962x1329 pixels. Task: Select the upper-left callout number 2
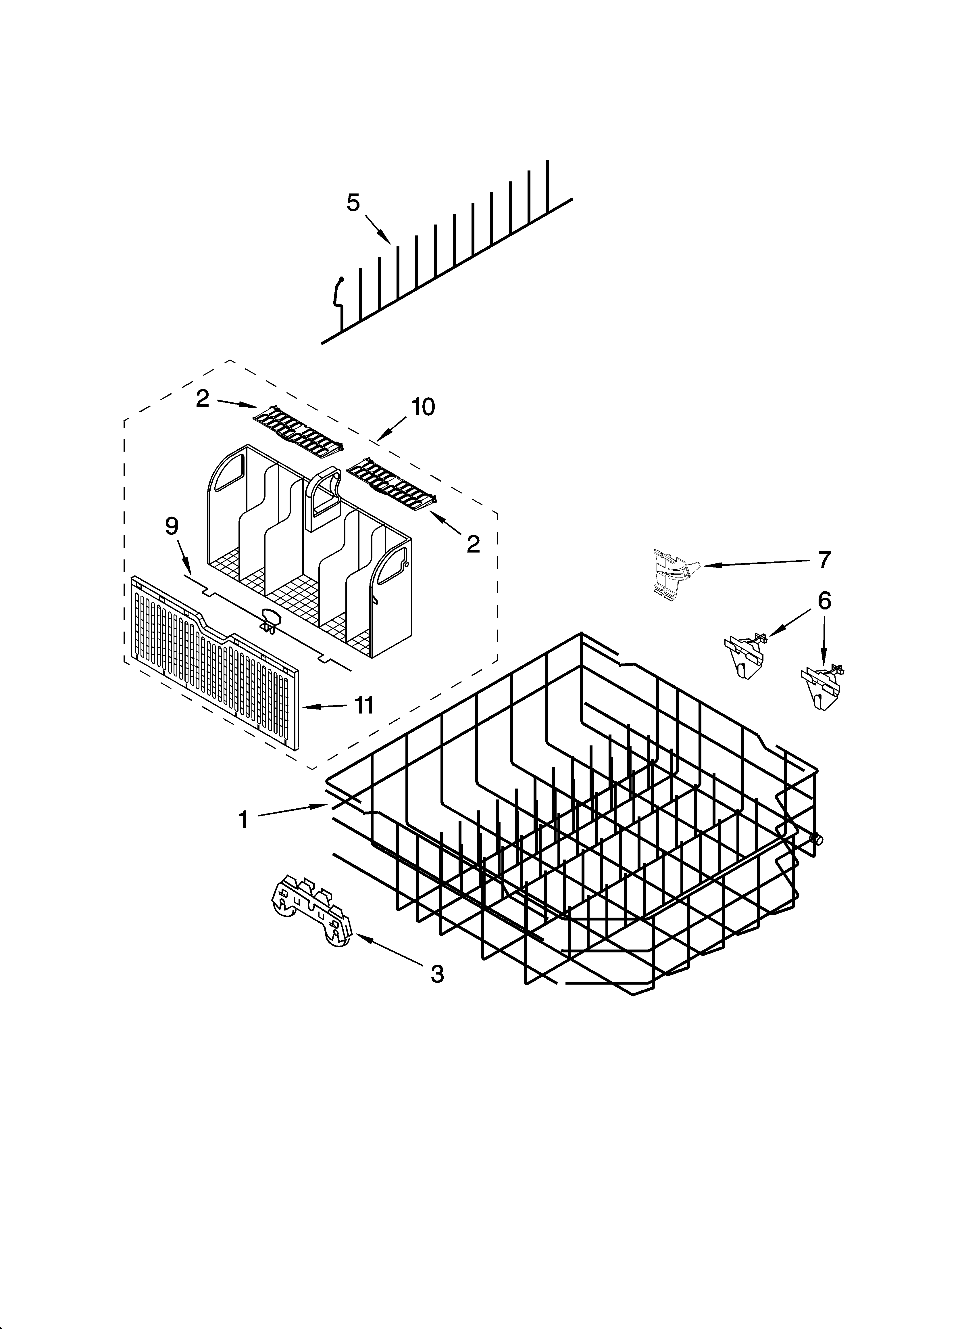pos(203,399)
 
